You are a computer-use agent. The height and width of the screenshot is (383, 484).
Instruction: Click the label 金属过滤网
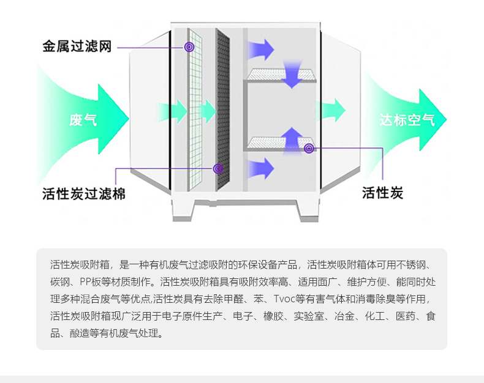click(77, 46)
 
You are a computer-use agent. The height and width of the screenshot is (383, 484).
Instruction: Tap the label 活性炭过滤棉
click(84, 194)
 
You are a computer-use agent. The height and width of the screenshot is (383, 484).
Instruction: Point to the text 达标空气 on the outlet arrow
click(406, 119)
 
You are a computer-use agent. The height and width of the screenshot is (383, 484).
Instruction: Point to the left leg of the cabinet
click(183, 211)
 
